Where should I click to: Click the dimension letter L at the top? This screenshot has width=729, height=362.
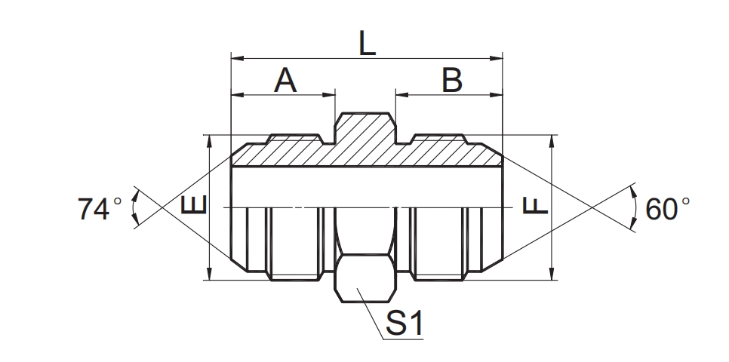pyautogui.click(x=367, y=43)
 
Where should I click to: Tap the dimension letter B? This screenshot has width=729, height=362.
pyautogui.click(x=451, y=80)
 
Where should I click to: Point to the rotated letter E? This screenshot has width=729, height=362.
pyautogui.click(x=193, y=205)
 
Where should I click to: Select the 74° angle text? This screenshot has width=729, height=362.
pyautogui.click(x=99, y=209)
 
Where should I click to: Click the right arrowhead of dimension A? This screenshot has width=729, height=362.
pyautogui.click(x=329, y=95)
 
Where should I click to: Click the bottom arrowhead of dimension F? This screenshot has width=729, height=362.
pyautogui.click(x=554, y=274)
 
